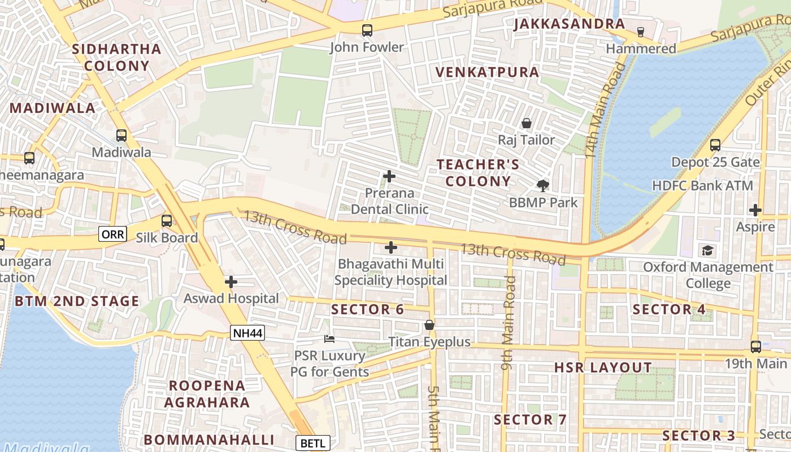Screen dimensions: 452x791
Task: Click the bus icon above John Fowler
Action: tap(367, 31)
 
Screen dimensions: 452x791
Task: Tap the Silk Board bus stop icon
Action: tap(167, 221)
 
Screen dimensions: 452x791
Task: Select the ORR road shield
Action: tap(112, 234)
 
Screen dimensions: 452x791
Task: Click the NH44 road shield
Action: tap(247, 333)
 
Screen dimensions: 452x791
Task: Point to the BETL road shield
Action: tap(312, 443)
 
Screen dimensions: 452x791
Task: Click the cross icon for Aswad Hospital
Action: tap(231, 282)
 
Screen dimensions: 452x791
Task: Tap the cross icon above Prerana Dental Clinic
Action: tap(389, 176)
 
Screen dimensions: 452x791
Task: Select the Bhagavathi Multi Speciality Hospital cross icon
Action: tap(391, 247)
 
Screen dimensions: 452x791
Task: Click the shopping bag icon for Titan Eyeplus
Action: tap(429, 325)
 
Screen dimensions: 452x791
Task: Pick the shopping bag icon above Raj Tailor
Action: tap(527, 123)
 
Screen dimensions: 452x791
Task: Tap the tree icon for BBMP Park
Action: tap(543, 185)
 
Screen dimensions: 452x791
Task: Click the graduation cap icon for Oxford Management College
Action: tap(707, 250)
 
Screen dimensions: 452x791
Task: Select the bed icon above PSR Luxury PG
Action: tap(329, 339)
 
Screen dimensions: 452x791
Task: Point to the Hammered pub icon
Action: tap(641, 32)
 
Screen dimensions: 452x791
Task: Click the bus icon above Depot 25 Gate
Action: tap(715, 145)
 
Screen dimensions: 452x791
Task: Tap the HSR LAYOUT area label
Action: tap(603, 368)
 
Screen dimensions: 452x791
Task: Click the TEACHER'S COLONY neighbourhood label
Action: tap(478, 173)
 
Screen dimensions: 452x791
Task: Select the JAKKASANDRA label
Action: tap(569, 24)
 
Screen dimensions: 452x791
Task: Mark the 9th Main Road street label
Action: tap(508, 323)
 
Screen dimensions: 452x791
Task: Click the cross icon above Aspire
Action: tap(755, 210)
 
